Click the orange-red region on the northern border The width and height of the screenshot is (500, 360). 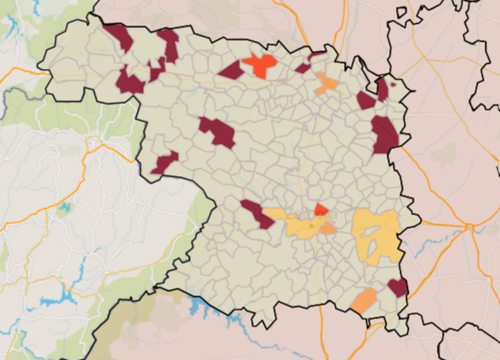261,64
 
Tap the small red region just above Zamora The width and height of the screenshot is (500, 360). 321,209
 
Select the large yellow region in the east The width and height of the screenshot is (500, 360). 377,234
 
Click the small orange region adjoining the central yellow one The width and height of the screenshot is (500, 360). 329,229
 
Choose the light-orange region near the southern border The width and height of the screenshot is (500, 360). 365,300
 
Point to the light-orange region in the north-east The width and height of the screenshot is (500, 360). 325,83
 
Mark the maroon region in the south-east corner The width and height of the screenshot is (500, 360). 397,287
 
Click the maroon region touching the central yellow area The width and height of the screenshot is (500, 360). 257,214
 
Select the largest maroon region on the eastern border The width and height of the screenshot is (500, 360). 385,134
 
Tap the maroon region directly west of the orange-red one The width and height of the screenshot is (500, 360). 231,70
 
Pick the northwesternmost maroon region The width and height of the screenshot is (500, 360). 119,37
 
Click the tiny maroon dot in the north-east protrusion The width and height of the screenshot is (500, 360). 393,85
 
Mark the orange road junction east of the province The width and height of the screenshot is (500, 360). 469,227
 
